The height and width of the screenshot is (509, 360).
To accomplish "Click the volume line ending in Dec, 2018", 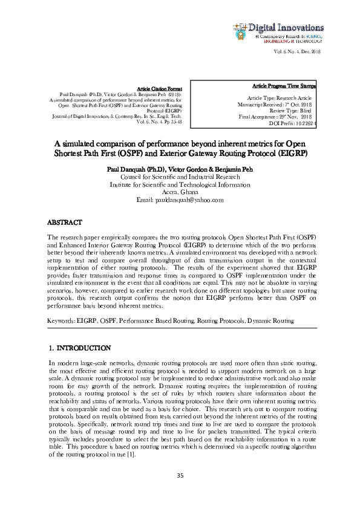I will coord(298,53).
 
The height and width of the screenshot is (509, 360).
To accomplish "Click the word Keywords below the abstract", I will coord(61,320).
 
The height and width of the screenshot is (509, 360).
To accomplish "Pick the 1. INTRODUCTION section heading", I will coord(79,348).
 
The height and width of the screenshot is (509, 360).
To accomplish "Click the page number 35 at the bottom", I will coord(180,476).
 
